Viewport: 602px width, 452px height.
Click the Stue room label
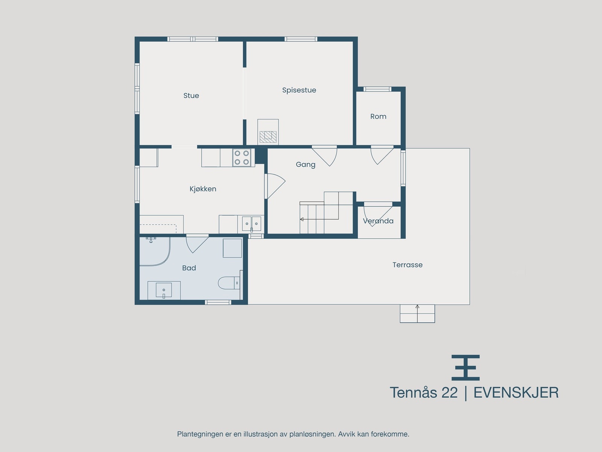[191, 96]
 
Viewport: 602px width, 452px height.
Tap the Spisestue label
[299, 90]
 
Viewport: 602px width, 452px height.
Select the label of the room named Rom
[378, 116]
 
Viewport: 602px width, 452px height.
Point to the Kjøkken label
[203, 189]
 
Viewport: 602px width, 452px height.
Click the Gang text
[306, 165]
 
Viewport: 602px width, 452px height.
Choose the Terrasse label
[407, 265]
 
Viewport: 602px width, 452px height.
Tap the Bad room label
[189, 268]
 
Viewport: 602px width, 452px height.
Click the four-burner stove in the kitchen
[242, 157]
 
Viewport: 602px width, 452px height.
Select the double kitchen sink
[251, 224]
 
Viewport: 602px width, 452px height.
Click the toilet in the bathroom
[228, 282]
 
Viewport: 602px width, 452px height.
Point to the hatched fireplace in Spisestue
[268, 137]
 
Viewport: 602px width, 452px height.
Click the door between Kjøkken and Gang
[275, 186]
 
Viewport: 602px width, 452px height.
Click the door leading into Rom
[382, 155]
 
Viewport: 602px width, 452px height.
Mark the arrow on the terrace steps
[417, 313]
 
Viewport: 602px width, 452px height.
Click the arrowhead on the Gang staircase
[302, 219]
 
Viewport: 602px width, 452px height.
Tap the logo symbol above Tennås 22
[465, 368]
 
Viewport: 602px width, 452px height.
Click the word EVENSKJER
[516, 393]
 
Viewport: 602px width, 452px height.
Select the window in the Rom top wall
[377, 89]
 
